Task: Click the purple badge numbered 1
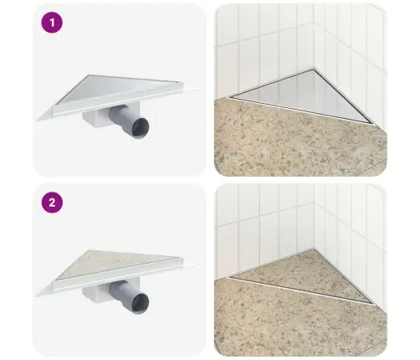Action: (52, 23)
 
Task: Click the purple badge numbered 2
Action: (52, 203)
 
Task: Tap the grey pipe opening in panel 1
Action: (141, 128)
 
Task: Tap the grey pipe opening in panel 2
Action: (141, 303)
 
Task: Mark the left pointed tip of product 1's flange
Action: (37, 121)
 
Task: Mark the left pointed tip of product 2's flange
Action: (37, 296)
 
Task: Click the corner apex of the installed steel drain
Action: (314, 69)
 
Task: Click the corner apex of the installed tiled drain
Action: (314, 249)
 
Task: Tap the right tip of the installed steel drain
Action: (373, 123)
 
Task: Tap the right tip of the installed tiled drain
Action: (373, 304)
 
